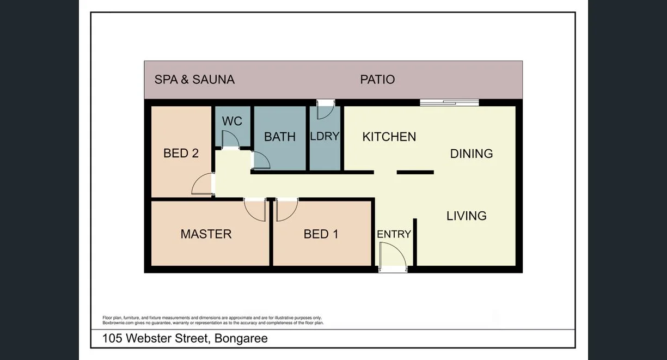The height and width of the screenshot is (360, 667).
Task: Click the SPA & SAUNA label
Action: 194,80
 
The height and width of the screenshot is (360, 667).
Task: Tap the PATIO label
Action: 377,80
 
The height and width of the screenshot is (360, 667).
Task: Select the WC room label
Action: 232,121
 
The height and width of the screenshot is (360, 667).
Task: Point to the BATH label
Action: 280,137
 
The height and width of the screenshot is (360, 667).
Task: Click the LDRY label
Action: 325,136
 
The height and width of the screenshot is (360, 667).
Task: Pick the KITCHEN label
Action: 389,137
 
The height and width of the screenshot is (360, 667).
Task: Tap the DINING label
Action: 472,154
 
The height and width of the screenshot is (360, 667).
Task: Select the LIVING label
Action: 467,216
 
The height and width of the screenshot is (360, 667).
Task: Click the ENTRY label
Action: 394,234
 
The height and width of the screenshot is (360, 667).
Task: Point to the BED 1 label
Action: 321,234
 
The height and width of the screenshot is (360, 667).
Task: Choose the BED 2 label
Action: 181,153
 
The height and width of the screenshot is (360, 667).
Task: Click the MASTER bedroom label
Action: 206,234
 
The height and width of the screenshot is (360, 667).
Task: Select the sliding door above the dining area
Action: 449,102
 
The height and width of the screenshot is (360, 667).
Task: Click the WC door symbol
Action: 231,141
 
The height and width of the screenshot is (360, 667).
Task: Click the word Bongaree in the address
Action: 241,338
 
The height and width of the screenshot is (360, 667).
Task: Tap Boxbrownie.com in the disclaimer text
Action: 118,323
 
